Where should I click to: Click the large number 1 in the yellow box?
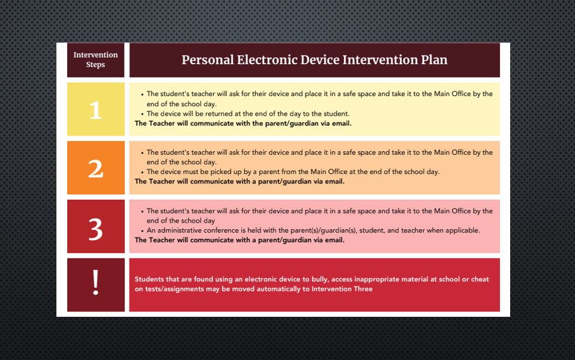(95, 110)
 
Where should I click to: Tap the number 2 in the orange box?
(95, 169)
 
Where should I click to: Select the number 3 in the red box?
(95, 229)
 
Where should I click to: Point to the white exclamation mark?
(95, 282)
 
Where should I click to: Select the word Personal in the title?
(208, 60)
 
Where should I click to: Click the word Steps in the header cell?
(95, 65)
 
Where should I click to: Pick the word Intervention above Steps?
(95, 55)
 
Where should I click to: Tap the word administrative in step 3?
(179, 230)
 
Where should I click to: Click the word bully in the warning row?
(320, 280)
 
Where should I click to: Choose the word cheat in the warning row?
(480, 279)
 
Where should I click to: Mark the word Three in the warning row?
(363, 289)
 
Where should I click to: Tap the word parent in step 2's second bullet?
(269, 172)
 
